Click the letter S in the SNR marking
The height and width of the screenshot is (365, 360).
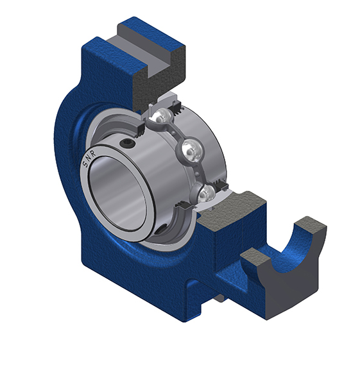pos(85,164)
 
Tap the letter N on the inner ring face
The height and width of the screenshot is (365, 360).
pos(89,158)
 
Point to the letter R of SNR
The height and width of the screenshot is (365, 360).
pos(93,153)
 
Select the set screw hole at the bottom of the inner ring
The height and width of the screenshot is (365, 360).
pos(160,229)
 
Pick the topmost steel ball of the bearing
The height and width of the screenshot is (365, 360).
pos(161,117)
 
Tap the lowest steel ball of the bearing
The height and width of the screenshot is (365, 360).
pos(207,194)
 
